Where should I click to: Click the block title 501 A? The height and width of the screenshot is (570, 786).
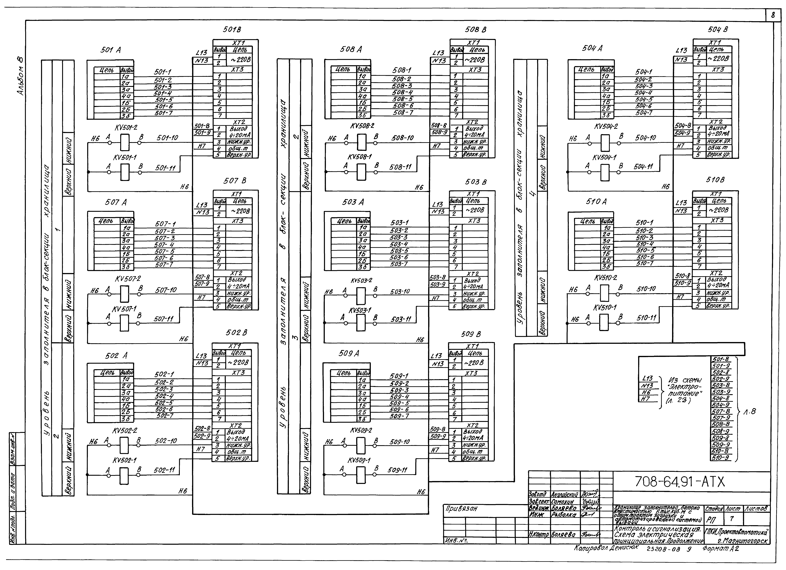(111, 50)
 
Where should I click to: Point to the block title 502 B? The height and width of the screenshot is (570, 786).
(236, 333)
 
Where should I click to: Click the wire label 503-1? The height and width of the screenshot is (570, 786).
(399, 223)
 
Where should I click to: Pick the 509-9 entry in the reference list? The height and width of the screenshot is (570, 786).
(721, 445)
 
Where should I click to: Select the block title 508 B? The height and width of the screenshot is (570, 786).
(476, 30)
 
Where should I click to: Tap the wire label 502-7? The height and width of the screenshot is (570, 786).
(165, 415)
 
